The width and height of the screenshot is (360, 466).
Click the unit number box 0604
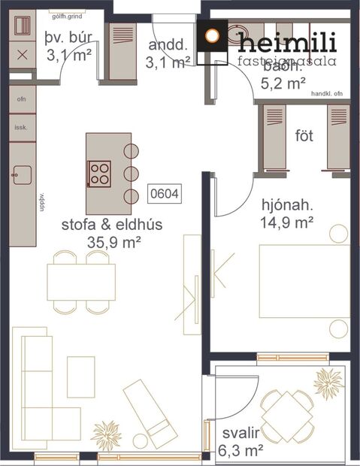[165, 193]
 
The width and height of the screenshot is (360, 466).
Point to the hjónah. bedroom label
[287, 204]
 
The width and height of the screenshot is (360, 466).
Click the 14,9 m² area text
[287, 222]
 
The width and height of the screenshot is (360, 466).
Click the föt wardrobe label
[304, 137]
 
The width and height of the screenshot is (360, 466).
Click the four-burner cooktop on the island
[100, 174]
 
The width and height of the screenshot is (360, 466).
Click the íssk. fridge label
[20, 128]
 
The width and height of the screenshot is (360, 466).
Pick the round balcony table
[288, 413]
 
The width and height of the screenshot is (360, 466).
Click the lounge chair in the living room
[150, 412]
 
